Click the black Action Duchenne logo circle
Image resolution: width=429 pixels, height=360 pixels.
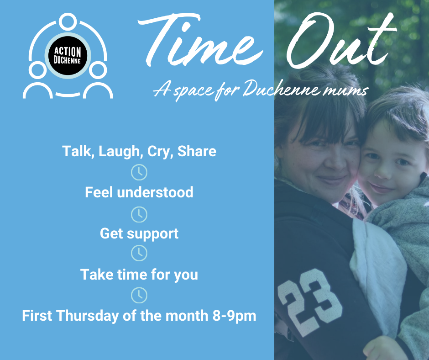68,56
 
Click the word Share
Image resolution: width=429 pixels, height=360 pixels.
197,151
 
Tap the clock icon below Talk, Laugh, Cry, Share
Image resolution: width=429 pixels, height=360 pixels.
139,172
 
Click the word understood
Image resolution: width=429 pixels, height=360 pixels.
155,192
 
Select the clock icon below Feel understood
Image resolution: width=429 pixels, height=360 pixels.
139,215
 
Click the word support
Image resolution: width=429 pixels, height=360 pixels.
153,234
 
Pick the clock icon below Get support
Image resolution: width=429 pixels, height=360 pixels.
139,253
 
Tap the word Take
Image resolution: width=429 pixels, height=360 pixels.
97,275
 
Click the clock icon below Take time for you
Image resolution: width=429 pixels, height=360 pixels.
139,295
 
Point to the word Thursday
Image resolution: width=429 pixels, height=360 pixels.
88,316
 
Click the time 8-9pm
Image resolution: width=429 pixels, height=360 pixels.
234,316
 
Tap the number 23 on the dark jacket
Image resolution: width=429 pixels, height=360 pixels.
309,302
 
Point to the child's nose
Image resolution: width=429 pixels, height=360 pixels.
382,172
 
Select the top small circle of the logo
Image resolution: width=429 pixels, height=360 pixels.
68,21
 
